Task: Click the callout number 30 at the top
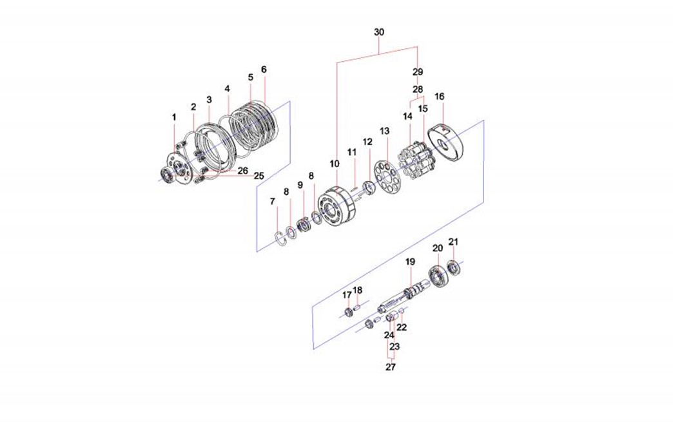[x=379, y=32]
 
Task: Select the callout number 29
[x=418, y=71]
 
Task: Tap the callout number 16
[x=440, y=96]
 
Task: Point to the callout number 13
[x=385, y=131]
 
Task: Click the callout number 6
[x=264, y=69]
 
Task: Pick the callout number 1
[x=173, y=117]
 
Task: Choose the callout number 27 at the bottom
[x=391, y=367]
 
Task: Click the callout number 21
[x=453, y=242]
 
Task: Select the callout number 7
[x=273, y=202]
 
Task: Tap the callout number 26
[x=242, y=171]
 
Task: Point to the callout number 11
[x=352, y=152]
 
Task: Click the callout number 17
[x=347, y=295]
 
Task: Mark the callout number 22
[x=402, y=327]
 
